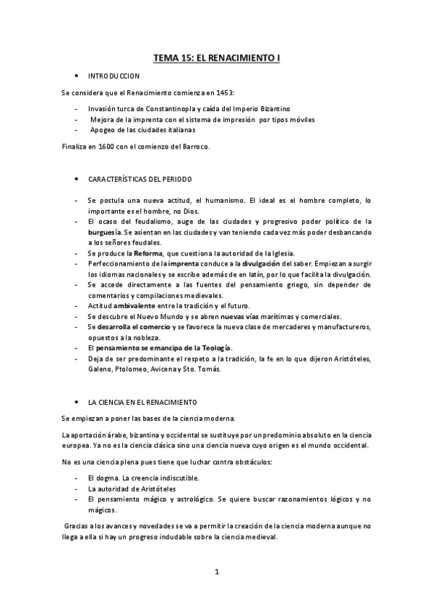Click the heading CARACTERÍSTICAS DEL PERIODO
[140, 178]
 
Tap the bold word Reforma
[138, 253]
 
